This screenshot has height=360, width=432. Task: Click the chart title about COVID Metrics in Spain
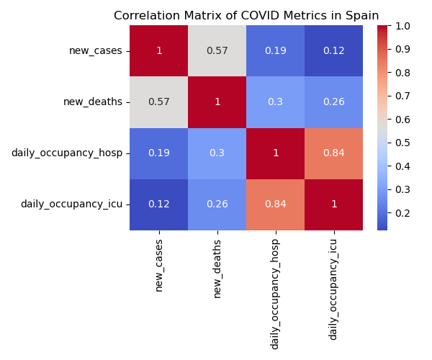coord(246,15)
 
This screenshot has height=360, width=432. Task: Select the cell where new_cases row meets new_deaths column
coord(217,50)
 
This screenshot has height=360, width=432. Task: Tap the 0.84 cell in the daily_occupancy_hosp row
coord(333,153)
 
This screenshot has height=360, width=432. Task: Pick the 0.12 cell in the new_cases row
coord(333,50)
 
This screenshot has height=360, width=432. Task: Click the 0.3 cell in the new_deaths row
coord(275,102)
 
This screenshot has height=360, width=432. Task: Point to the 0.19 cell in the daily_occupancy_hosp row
coord(158,153)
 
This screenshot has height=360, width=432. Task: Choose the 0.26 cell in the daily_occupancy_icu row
coord(217,204)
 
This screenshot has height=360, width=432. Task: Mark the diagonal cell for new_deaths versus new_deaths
coord(217,102)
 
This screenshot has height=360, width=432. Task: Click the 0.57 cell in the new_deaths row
coord(158,102)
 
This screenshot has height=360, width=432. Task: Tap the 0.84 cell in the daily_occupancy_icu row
coord(275,204)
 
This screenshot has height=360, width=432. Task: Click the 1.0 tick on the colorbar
coord(403,26)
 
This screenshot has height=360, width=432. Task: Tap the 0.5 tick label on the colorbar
coord(403,143)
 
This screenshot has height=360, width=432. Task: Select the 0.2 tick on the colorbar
coord(403,213)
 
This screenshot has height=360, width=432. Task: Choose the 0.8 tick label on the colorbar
coord(403,73)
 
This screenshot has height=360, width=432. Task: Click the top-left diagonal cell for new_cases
coord(158,50)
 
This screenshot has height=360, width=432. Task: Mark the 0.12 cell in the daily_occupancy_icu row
coord(158,204)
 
